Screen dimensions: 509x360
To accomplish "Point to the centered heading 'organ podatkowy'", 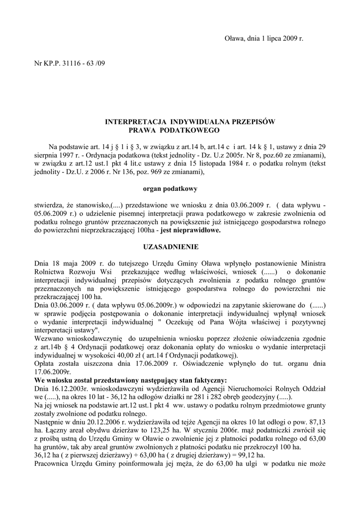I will (171, 188).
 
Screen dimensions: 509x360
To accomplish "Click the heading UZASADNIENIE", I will (171, 246).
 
